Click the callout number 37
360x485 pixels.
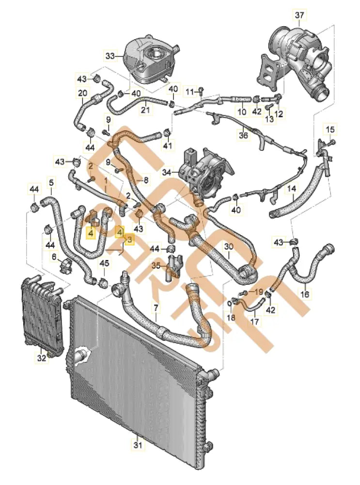point(298,16)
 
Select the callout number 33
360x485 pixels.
point(111,56)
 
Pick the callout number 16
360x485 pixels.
point(305,294)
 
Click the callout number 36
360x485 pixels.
point(243,136)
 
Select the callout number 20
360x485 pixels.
point(82,93)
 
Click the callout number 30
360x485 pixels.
point(229,247)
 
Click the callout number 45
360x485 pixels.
point(104,263)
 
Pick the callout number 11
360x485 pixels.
point(190,91)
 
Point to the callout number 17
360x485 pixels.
point(254,321)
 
